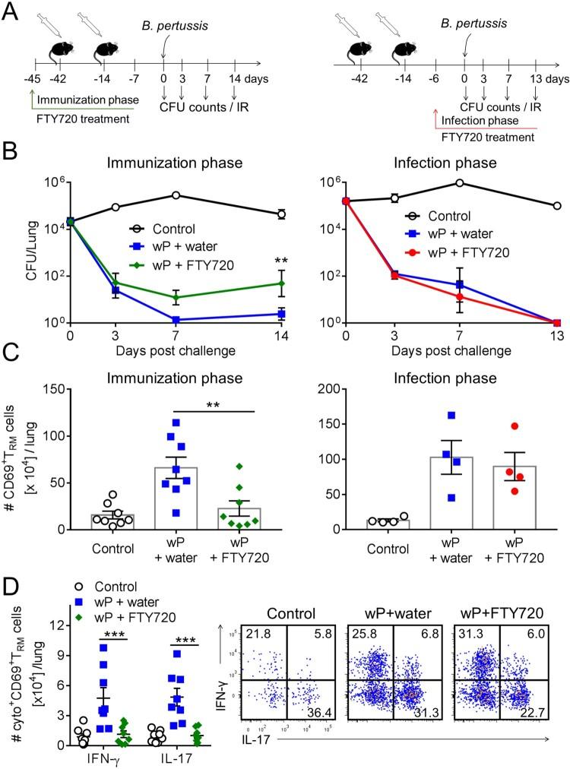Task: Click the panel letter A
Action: (10, 11)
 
